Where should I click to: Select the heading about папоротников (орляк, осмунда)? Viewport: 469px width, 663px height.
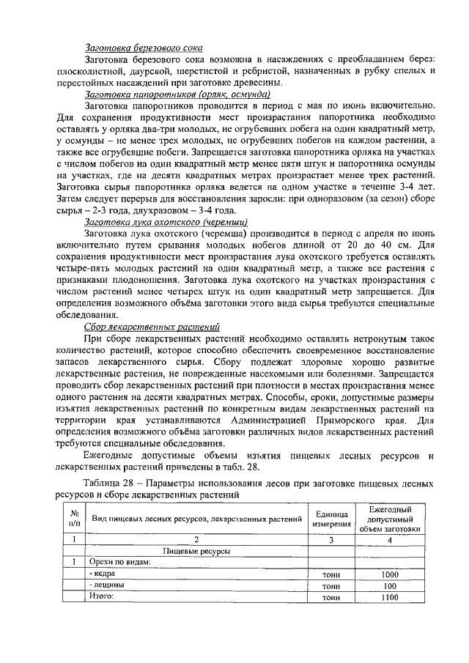[x=178, y=95]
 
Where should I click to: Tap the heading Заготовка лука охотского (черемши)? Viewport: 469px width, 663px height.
[x=166, y=221]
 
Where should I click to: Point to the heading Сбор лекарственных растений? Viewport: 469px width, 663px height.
[x=152, y=327]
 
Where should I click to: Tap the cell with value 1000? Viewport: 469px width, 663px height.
[x=389, y=575]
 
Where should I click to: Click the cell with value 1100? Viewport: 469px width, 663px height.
[x=389, y=597]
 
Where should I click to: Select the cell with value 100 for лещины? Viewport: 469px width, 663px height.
[x=389, y=586]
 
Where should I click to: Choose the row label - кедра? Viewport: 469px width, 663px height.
[x=104, y=575]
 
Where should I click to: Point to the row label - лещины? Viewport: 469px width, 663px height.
[x=107, y=586]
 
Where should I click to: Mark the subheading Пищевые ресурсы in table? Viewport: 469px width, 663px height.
[x=196, y=551]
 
